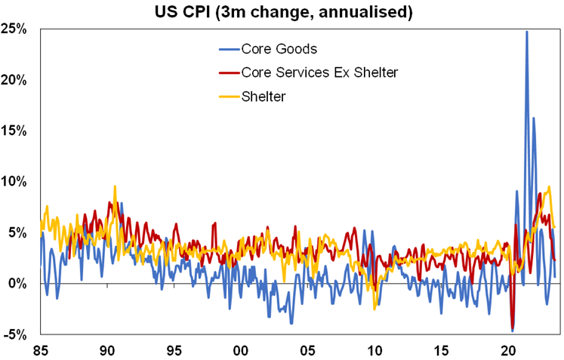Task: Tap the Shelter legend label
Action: point(265,96)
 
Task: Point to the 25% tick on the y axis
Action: point(16,29)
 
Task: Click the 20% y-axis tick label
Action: point(16,80)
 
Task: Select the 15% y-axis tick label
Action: point(16,131)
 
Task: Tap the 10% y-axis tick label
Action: point(16,182)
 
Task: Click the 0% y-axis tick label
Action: point(19,284)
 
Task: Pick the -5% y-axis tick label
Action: point(17,334)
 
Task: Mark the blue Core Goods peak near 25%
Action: point(526,32)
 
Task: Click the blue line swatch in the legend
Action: point(227,49)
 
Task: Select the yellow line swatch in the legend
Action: point(227,96)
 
